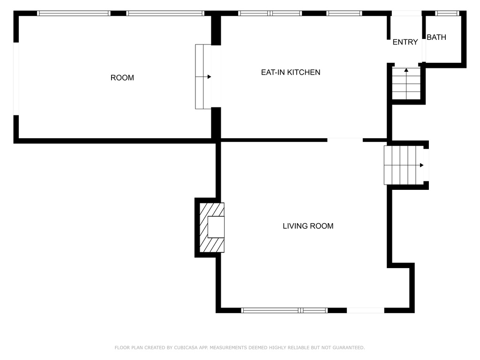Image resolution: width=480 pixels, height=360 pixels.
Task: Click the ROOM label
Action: pos(122,78)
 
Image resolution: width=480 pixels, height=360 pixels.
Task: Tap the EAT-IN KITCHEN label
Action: pos(291,72)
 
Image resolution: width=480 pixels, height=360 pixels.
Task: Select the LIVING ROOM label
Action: pos(308,226)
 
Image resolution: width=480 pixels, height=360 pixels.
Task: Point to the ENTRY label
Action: pos(405,42)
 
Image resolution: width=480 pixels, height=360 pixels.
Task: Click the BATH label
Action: pos(436,37)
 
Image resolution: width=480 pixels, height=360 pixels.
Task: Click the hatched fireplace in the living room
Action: pos(212,227)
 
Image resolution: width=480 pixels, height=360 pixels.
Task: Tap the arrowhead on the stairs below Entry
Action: pos(406,70)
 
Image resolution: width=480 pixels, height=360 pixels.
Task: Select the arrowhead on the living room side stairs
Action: pos(421,165)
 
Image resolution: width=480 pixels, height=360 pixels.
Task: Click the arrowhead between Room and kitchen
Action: pos(210,77)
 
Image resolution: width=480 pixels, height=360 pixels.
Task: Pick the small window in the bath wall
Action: pos(447,13)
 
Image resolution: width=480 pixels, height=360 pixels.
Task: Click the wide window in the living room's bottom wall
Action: pos(285,310)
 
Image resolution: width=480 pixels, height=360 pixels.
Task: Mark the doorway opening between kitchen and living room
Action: pos(345,140)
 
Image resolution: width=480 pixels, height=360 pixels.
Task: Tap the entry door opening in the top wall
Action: pos(406,13)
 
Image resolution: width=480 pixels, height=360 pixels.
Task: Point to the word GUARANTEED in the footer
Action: pos(349,347)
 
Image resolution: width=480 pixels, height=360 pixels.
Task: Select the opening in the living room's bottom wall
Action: pos(366,310)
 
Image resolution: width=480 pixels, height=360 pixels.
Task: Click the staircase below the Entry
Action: pos(406,83)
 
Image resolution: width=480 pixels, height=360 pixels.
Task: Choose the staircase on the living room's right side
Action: pos(404,165)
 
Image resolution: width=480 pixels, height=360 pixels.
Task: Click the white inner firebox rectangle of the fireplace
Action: pos(216,227)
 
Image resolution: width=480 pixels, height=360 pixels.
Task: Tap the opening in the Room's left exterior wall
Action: pos(16,79)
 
